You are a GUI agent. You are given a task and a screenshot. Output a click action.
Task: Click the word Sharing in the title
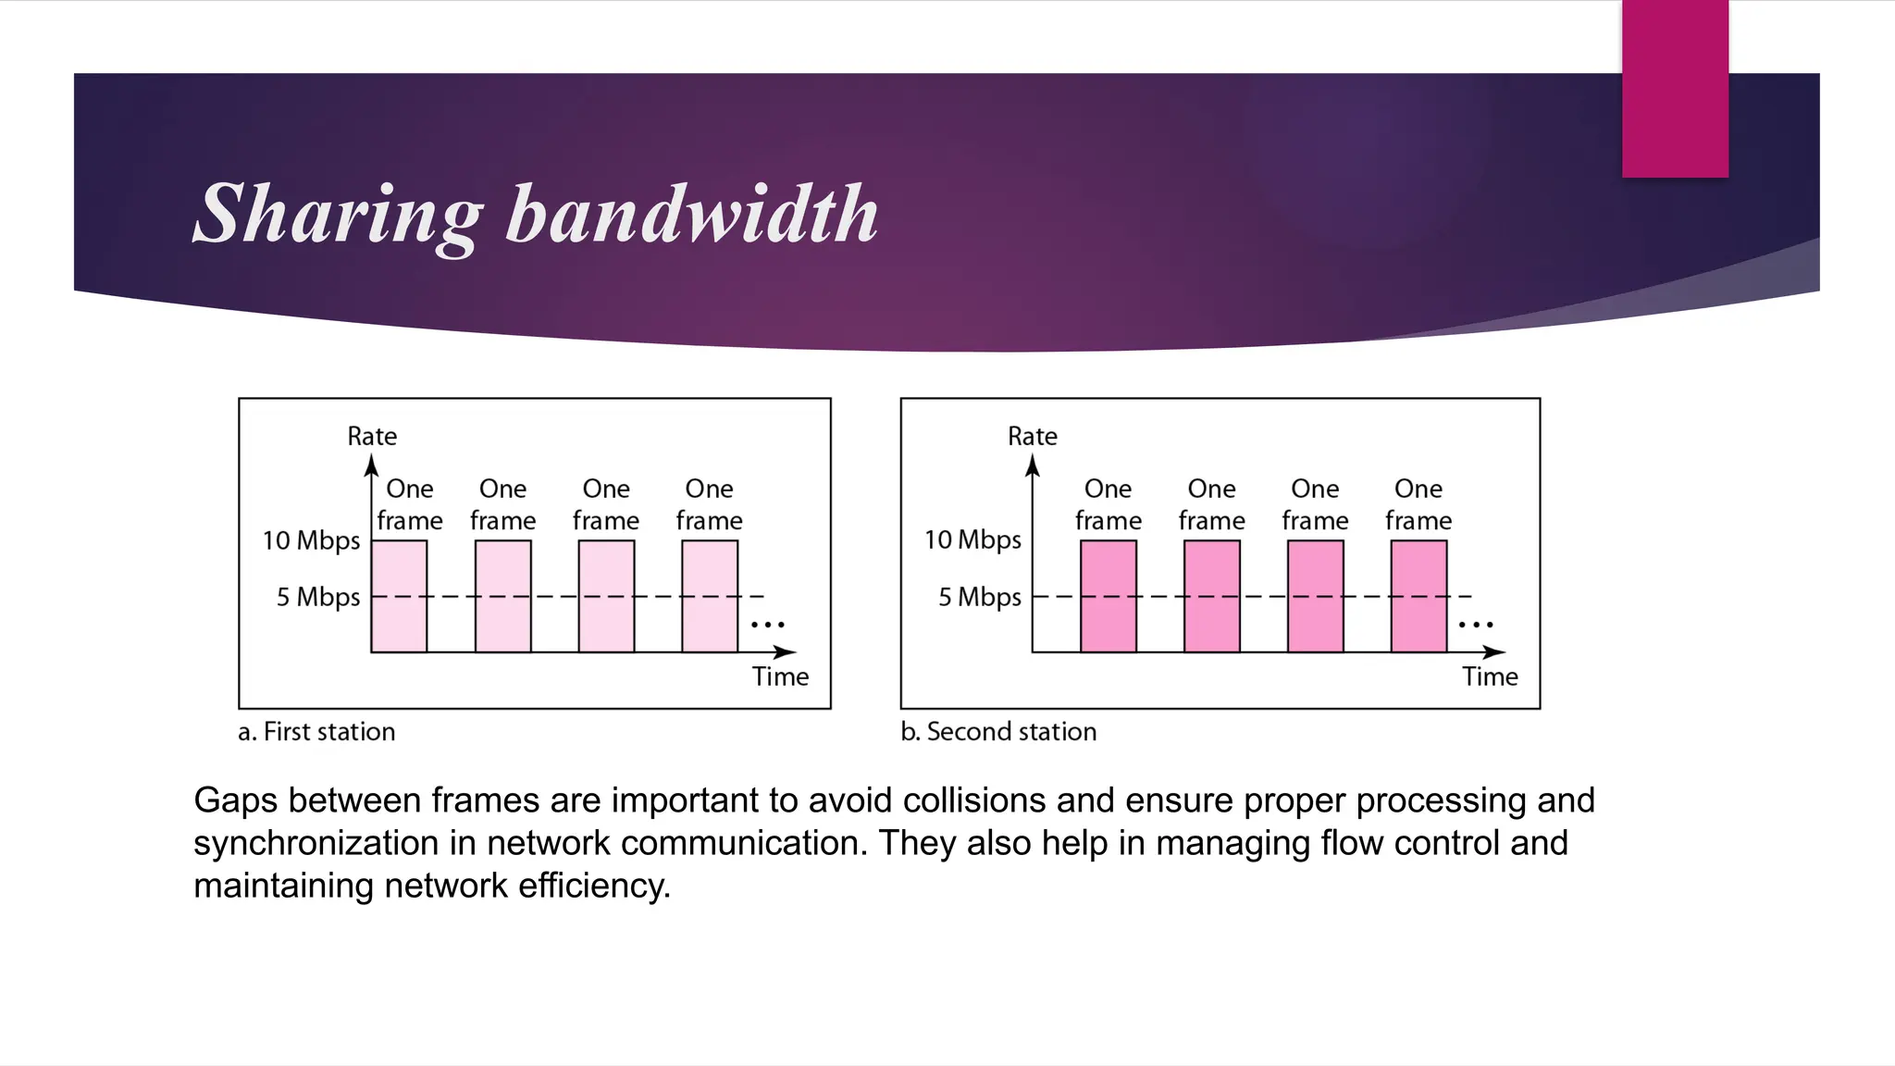(x=338, y=215)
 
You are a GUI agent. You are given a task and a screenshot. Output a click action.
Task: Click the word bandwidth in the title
(x=692, y=215)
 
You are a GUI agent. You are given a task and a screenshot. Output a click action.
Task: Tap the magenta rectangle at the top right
(x=1675, y=89)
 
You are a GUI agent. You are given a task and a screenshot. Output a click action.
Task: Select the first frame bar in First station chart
(x=399, y=597)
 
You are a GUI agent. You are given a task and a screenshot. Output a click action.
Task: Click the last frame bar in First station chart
(x=710, y=597)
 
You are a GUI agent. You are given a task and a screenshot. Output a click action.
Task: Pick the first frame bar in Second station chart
(x=1109, y=597)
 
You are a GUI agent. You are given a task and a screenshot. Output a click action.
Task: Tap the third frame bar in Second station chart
(x=1315, y=597)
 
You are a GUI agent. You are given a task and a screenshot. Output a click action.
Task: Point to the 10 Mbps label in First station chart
(x=311, y=540)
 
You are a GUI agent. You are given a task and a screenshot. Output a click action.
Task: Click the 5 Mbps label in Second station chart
(x=979, y=597)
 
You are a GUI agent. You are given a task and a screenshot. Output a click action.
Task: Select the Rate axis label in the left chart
(x=372, y=436)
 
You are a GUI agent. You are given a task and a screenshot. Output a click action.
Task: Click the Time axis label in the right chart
(x=1490, y=676)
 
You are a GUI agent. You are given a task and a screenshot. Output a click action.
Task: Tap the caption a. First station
(x=316, y=732)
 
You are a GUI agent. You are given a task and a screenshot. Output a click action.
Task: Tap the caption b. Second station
(x=998, y=732)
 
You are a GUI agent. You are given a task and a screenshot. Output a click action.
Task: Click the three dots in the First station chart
(x=767, y=626)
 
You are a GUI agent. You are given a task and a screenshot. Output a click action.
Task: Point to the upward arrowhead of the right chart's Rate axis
(x=1033, y=465)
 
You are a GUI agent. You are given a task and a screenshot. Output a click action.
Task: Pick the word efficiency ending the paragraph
(x=593, y=886)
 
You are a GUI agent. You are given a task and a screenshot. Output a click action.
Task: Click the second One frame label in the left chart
(x=502, y=504)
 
